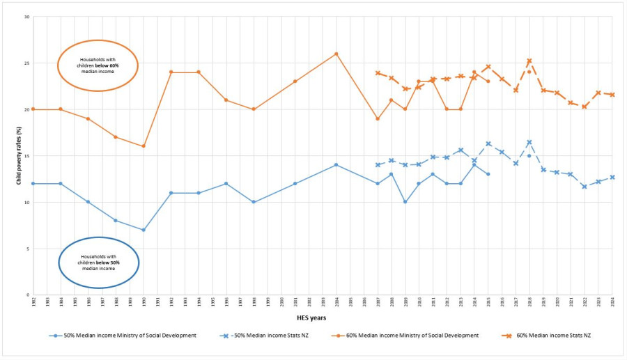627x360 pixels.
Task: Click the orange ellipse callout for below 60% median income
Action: tap(98, 65)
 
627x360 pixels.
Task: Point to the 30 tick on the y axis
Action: tap(26, 17)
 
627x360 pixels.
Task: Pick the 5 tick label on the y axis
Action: tap(27, 249)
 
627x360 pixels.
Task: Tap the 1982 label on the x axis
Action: tap(33, 301)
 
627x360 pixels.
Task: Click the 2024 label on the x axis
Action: tap(612, 301)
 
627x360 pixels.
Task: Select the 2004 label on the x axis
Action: tap(336, 301)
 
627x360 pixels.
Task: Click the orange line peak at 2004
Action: tap(336, 54)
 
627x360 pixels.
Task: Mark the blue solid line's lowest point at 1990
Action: tap(143, 230)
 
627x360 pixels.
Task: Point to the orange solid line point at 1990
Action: tap(143, 146)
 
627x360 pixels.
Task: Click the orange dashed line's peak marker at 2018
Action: tap(529, 61)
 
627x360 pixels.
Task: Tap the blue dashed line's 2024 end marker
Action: tap(612, 177)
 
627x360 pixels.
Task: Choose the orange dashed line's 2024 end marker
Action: tap(612, 95)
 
